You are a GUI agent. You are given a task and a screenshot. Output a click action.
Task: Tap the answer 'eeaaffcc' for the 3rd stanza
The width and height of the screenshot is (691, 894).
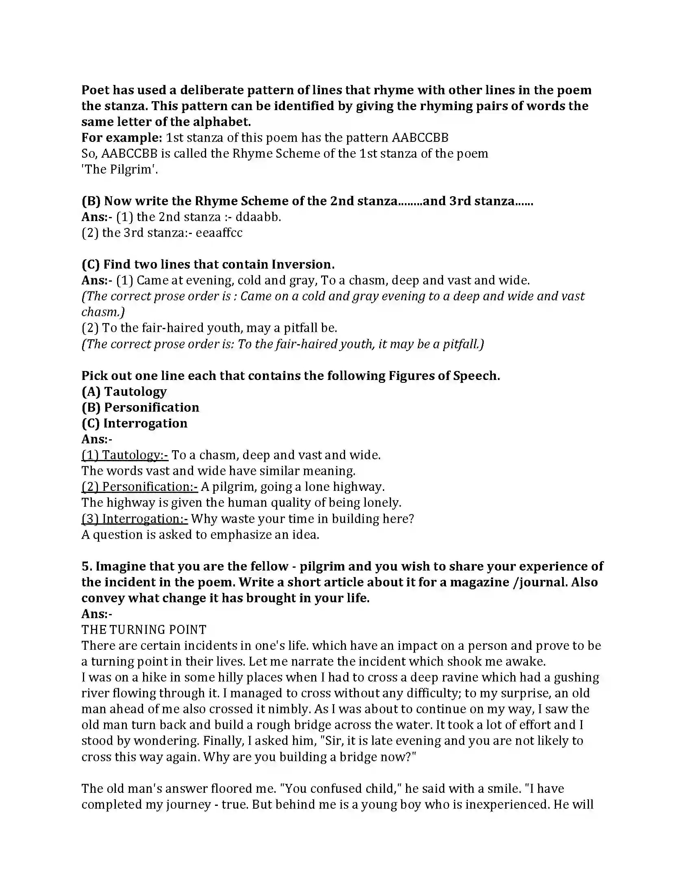pos(219,233)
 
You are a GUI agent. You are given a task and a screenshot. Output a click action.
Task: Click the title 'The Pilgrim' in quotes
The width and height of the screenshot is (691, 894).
pos(119,169)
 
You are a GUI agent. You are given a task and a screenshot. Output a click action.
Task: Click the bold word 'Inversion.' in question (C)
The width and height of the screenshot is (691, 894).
pos(303,265)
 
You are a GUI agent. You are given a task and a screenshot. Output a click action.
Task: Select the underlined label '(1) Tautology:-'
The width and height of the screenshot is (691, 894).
pos(125,455)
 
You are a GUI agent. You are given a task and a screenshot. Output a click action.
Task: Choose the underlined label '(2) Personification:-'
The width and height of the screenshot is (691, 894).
pos(139,487)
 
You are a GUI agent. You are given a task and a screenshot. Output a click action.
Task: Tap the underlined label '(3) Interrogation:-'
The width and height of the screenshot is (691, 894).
pos(135,519)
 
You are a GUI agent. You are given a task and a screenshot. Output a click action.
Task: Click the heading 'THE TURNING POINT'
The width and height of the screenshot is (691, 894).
pos(143,629)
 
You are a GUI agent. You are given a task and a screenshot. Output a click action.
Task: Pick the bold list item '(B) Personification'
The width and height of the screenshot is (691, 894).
pos(140,407)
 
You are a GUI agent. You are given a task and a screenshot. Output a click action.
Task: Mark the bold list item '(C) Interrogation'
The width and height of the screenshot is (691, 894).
pos(134,423)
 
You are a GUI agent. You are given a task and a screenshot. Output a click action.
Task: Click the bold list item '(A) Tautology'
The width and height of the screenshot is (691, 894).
pos(124,392)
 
